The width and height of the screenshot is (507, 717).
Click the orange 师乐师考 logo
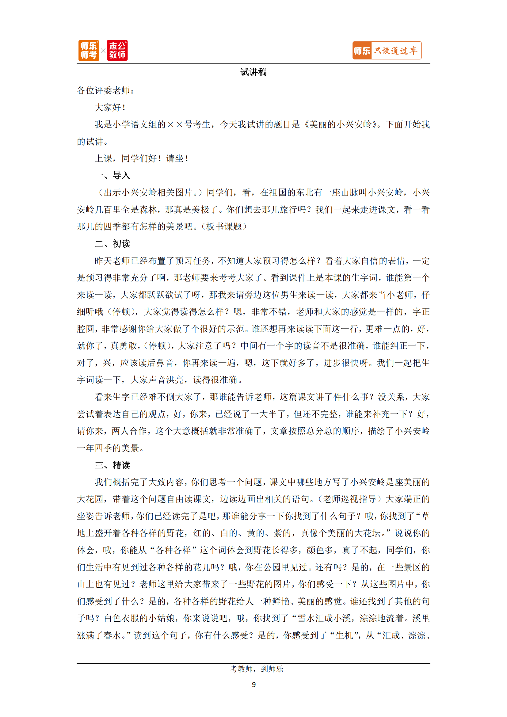89,50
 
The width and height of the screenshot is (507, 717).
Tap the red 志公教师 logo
117,50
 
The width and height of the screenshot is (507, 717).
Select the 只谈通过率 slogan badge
387,50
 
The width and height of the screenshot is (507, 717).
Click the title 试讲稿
253,72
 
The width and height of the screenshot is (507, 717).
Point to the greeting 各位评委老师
105,90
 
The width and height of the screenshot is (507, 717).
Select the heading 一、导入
112,176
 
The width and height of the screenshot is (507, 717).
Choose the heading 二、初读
112,244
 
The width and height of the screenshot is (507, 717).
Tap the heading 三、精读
112,465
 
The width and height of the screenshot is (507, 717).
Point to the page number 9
253,685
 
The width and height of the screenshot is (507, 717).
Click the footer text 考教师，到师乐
256,669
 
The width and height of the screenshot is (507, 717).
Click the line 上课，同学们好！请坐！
141,158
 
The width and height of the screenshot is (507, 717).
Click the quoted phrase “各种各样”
173,550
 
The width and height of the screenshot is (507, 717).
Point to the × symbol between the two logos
103,50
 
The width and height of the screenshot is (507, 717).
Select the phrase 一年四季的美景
108,448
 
